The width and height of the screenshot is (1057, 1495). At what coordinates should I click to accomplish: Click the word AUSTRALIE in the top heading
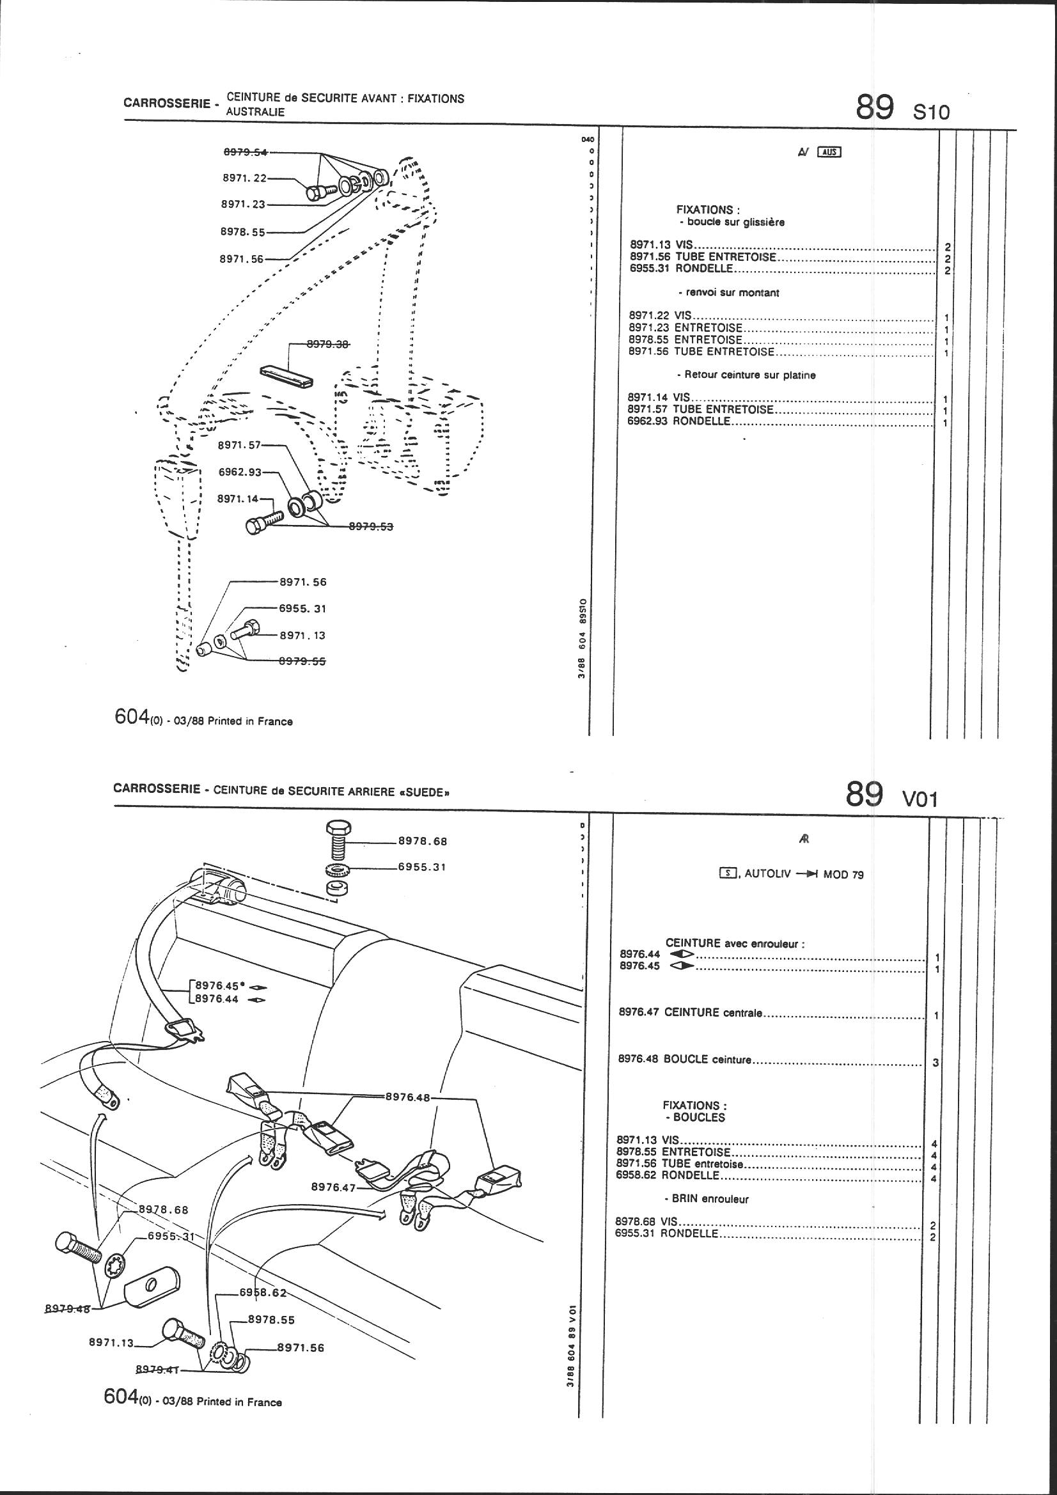pos(255,111)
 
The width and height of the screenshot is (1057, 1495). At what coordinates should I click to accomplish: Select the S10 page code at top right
pos(931,112)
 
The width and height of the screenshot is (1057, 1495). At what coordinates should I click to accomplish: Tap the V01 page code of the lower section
pos(919,798)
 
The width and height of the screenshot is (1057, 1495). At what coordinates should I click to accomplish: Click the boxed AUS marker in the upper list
pos(831,152)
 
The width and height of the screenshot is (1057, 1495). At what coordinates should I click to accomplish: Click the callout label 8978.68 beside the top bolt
pos(423,841)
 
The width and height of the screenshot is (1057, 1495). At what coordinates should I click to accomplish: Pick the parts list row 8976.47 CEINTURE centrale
pos(690,1012)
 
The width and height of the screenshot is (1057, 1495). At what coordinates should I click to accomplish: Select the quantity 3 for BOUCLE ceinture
pos(936,1063)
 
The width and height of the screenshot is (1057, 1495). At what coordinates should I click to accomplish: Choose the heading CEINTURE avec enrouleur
pos(735,943)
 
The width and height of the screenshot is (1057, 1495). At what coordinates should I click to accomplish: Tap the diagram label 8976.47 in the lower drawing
pos(333,1186)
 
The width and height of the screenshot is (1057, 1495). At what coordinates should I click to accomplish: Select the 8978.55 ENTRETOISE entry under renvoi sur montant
pos(685,340)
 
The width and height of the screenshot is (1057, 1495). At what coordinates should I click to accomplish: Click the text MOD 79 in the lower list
pos(843,875)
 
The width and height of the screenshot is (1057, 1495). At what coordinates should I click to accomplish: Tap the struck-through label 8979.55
pos(302,661)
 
